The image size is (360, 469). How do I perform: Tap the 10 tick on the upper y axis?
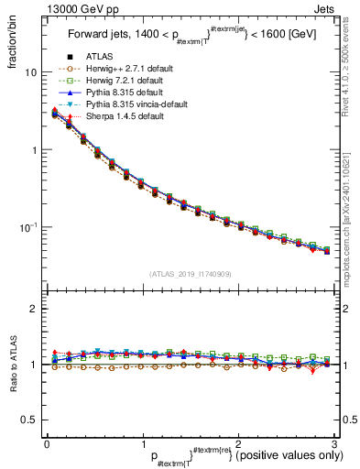click(x=31, y=72)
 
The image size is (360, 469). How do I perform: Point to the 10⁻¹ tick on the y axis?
click(x=28, y=226)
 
